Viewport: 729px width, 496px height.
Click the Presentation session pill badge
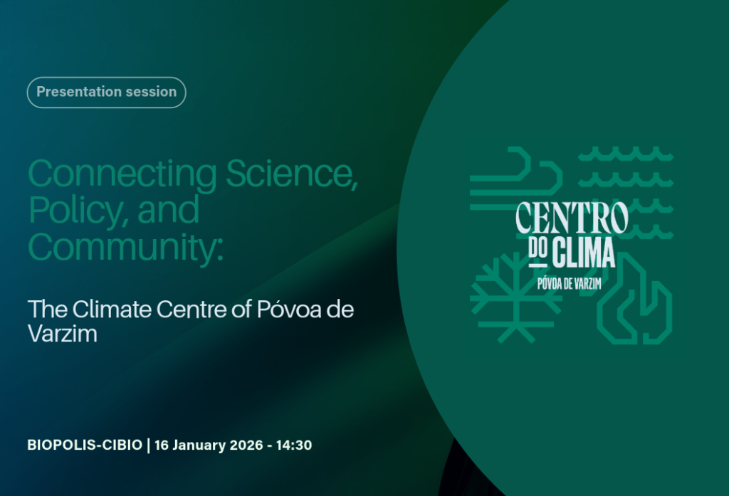point(107,92)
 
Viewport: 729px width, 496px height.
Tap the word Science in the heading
point(292,174)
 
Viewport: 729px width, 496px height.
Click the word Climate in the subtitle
point(112,309)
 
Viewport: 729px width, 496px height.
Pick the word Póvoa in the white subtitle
point(289,309)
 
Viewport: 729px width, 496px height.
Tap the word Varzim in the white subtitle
point(63,333)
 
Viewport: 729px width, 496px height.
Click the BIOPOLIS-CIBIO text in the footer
point(85,445)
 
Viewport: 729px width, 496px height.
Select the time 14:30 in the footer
point(294,445)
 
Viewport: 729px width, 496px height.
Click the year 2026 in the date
point(246,445)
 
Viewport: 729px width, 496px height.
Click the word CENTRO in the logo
point(572,218)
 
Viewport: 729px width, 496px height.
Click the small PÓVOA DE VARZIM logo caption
point(570,283)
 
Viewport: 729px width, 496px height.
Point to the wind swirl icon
point(516,178)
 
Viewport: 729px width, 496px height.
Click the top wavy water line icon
point(626,154)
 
